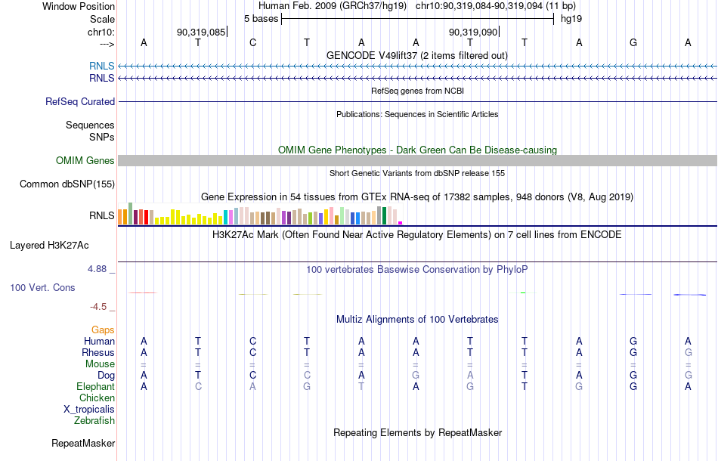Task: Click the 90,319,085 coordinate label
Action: point(201,32)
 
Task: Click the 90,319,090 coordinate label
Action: point(473,32)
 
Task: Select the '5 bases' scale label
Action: point(261,19)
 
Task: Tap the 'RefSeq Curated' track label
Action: point(80,101)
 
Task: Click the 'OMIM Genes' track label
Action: point(85,161)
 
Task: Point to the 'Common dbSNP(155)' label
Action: point(67,184)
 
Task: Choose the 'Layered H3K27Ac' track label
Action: point(49,246)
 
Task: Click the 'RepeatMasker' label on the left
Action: point(83,443)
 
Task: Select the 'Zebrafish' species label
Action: point(94,420)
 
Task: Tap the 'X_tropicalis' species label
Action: point(89,410)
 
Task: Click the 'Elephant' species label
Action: point(95,387)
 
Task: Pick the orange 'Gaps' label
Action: point(103,330)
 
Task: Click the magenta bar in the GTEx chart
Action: point(401,223)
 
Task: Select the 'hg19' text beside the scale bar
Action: point(571,19)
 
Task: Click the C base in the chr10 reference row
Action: point(252,42)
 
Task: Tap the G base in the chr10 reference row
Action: point(633,42)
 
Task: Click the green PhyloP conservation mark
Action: point(523,293)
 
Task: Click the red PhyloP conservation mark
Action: point(143,292)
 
